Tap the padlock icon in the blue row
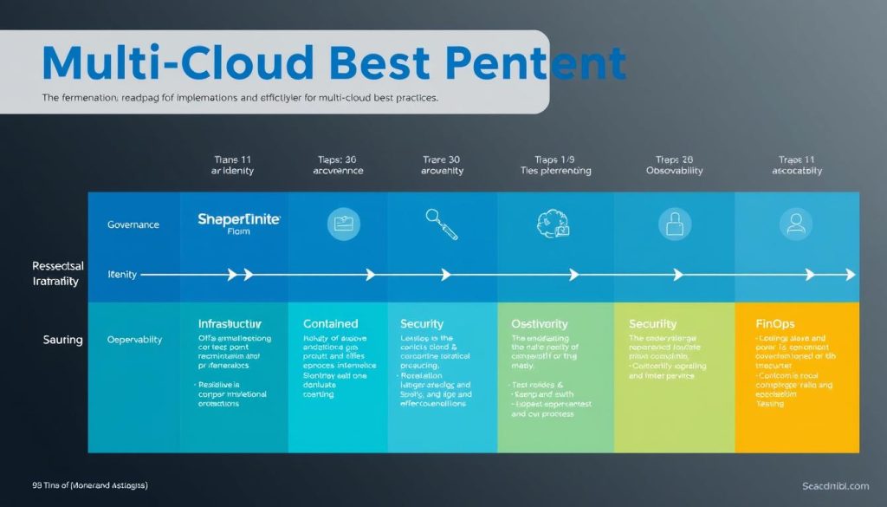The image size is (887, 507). [x=674, y=224]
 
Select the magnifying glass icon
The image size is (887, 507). [x=442, y=224]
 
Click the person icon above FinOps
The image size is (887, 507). [x=793, y=224]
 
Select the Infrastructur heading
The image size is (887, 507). [x=236, y=323]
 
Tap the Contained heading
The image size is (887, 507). [x=330, y=323]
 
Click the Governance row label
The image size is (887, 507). [x=133, y=224]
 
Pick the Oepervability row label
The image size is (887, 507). [x=134, y=340]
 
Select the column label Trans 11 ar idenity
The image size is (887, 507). [x=233, y=165]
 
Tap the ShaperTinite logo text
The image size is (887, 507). [x=239, y=220]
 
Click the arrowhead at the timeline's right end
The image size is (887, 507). [x=850, y=275]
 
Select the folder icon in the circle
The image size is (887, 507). [x=343, y=224]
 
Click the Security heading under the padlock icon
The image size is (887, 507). [x=652, y=323]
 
